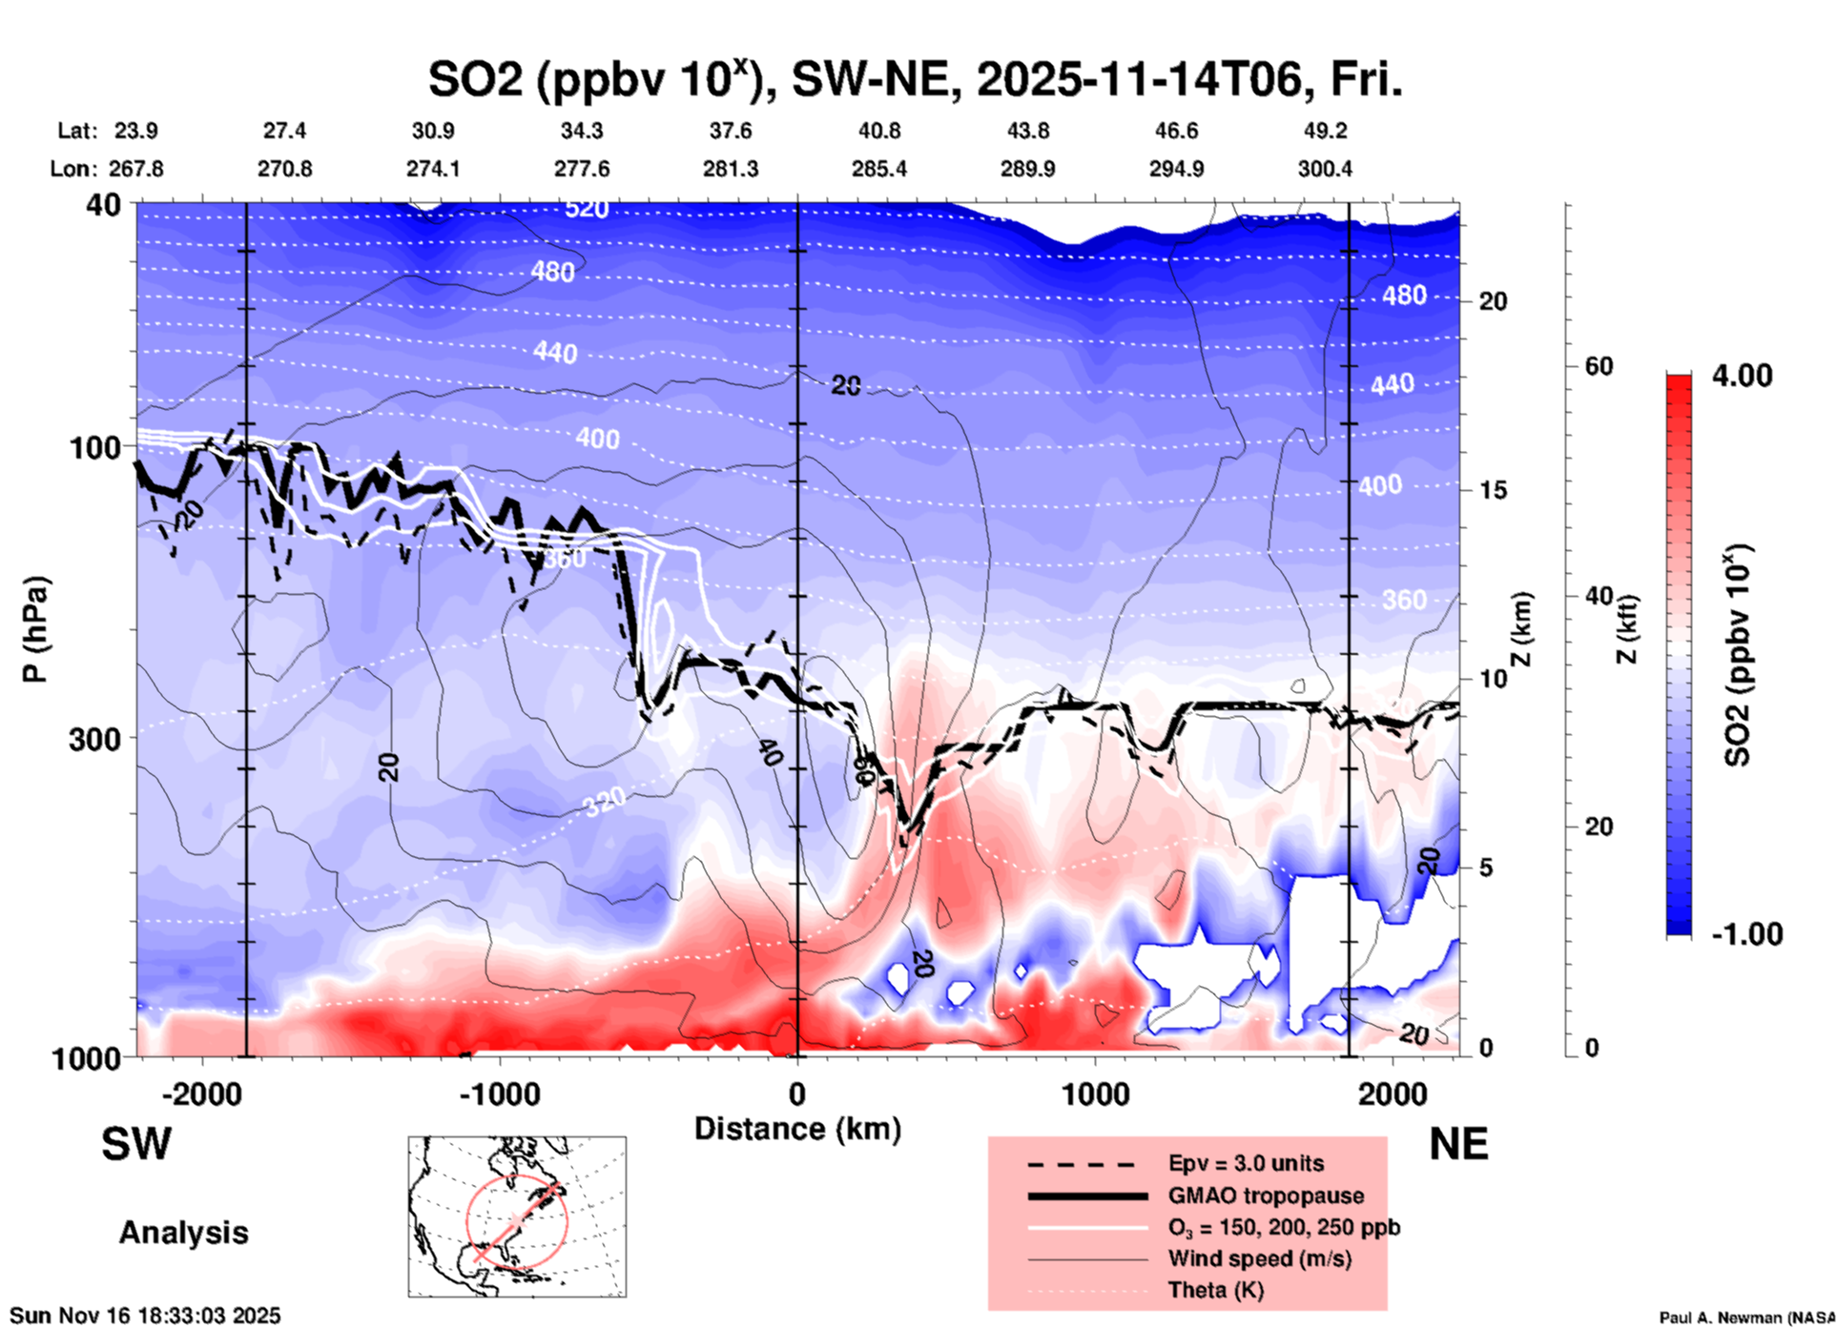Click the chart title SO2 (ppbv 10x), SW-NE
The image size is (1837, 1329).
click(x=914, y=80)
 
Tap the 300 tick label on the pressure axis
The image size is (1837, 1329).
click(x=94, y=739)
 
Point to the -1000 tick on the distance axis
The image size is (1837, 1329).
click(x=500, y=1094)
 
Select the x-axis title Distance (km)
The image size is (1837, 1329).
click(x=797, y=1129)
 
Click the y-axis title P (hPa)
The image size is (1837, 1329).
click(x=35, y=628)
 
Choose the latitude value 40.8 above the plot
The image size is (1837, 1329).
click(x=878, y=131)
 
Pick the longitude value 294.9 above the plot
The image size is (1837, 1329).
click(x=1175, y=169)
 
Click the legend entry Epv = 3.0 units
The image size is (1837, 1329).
click(x=1246, y=1163)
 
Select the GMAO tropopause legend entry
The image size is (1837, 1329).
click(x=1266, y=1196)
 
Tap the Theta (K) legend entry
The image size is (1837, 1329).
click(x=1215, y=1290)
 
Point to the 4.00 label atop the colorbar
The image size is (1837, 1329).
click(x=1742, y=375)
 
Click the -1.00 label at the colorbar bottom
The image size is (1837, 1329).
click(x=1746, y=933)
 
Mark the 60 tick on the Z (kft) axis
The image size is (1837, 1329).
click(x=1599, y=366)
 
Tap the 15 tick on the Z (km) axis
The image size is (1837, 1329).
click(x=1493, y=490)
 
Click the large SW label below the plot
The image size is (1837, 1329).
click(x=136, y=1144)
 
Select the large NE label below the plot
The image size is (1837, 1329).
click(x=1458, y=1144)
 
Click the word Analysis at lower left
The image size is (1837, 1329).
click(x=183, y=1233)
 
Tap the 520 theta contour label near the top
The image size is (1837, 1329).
click(x=586, y=209)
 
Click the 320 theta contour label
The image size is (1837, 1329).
click(x=605, y=802)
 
